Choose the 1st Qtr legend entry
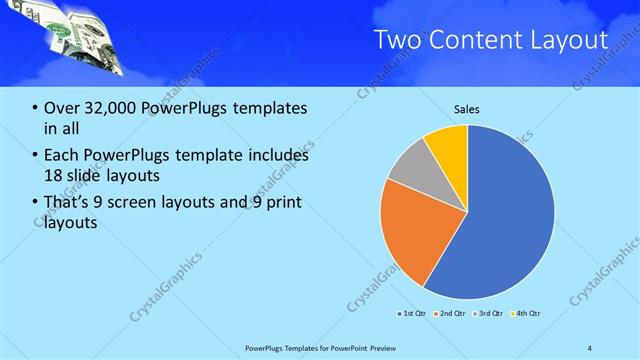[412, 314]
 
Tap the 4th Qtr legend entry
[527, 314]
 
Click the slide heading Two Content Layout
[490, 40]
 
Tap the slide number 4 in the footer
[589, 347]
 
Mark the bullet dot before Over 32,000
[36, 108]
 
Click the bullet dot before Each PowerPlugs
[36, 156]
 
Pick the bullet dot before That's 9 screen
[36, 203]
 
